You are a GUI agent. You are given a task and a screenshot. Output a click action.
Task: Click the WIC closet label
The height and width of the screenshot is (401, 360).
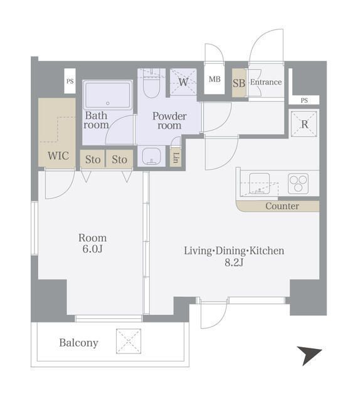pyautogui.click(x=58, y=155)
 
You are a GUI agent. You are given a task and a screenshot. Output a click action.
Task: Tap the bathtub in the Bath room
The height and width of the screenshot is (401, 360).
pyautogui.click(x=107, y=95)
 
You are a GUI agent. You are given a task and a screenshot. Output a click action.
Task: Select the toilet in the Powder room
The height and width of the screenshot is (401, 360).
pyautogui.click(x=152, y=84)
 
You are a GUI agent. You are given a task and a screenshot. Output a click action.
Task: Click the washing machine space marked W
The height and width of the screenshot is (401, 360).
pyautogui.click(x=183, y=82)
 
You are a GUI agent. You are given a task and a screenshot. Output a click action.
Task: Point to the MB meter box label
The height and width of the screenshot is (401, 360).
pyautogui.click(x=214, y=80)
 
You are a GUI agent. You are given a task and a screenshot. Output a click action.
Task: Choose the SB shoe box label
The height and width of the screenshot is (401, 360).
pyautogui.click(x=239, y=83)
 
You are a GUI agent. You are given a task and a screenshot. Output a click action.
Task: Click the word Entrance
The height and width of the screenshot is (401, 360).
pyautogui.click(x=266, y=82)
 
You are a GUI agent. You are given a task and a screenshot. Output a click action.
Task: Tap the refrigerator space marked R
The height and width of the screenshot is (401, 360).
pyautogui.click(x=304, y=124)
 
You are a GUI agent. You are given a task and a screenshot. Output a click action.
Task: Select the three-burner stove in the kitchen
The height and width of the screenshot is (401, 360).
pyautogui.click(x=298, y=184)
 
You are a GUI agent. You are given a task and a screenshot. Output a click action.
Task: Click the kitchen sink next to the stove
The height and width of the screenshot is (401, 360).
pyautogui.click(x=260, y=184)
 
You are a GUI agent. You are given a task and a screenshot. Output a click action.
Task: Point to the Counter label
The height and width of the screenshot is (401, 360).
pyautogui.click(x=282, y=206)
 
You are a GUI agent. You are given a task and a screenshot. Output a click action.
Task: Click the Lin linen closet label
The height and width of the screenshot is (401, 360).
pyautogui.click(x=176, y=158)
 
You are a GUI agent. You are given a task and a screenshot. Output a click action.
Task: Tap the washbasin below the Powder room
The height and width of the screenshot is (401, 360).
pyautogui.click(x=151, y=156)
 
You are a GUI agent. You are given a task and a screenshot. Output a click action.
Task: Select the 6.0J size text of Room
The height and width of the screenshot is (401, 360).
pyautogui.click(x=92, y=249)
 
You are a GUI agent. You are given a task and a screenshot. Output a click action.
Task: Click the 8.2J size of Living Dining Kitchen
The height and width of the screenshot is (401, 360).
pyautogui.click(x=234, y=263)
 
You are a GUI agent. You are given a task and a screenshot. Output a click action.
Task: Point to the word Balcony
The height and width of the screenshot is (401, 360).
pyautogui.click(x=79, y=343)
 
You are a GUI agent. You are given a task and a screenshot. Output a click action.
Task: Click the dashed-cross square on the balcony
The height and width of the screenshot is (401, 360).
pyautogui.click(x=129, y=341)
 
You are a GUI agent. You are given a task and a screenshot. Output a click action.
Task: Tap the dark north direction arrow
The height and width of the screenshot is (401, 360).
pyautogui.click(x=309, y=355)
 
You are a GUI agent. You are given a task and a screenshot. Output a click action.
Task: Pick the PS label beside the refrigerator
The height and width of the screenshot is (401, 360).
pyautogui.click(x=304, y=100)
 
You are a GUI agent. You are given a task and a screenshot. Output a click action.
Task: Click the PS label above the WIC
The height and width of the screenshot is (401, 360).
pyautogui.click(x=70, y=81)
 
